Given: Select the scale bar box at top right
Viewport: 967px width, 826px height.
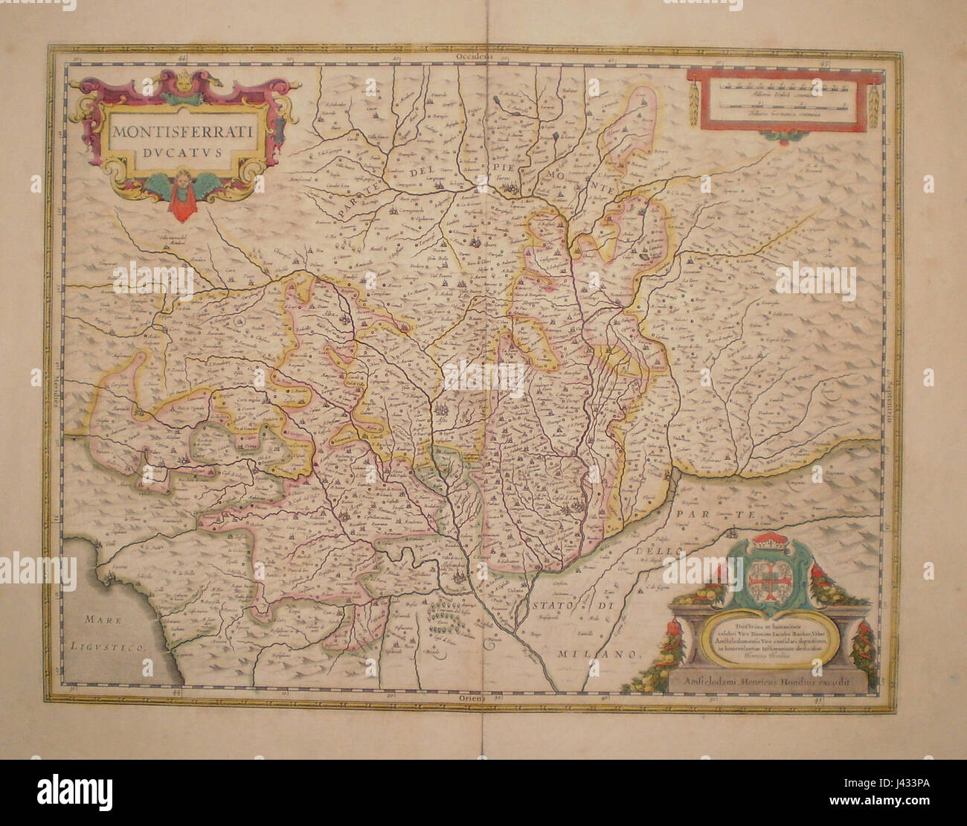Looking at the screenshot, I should tap(778, 100).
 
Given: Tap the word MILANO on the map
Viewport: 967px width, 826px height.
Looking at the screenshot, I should tap(599, 654).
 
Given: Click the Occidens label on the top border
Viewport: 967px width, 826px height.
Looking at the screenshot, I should tap(476, 57).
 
